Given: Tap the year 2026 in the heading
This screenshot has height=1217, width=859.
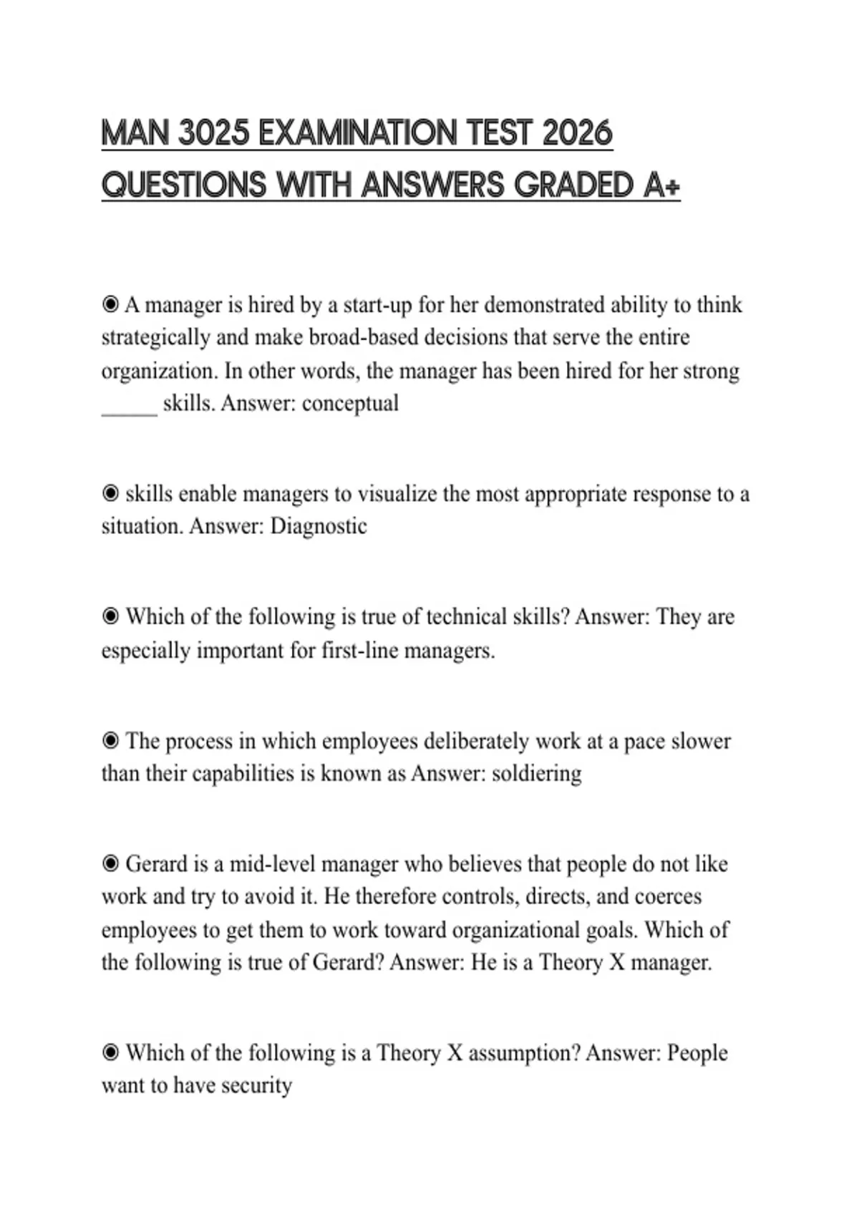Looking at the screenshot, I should click(578, 134).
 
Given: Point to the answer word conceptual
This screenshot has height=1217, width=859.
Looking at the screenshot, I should click(350, 404).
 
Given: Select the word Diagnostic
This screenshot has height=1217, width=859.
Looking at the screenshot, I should click(319, 527).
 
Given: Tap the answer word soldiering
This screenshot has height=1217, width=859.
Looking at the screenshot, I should click(537, 774).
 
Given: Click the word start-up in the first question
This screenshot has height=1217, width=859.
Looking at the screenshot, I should click(377, 306).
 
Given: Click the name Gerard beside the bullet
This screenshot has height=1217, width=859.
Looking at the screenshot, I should click(156, 864).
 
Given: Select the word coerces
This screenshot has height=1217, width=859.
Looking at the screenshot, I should click(668, 897).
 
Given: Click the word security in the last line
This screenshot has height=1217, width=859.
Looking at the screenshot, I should click(256, 1086).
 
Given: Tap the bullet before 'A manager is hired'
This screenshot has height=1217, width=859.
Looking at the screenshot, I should click(110, 306).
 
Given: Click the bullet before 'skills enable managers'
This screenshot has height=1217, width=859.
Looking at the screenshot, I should click(110, 494).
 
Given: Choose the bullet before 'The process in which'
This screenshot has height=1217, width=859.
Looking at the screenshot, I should click(110, 741).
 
